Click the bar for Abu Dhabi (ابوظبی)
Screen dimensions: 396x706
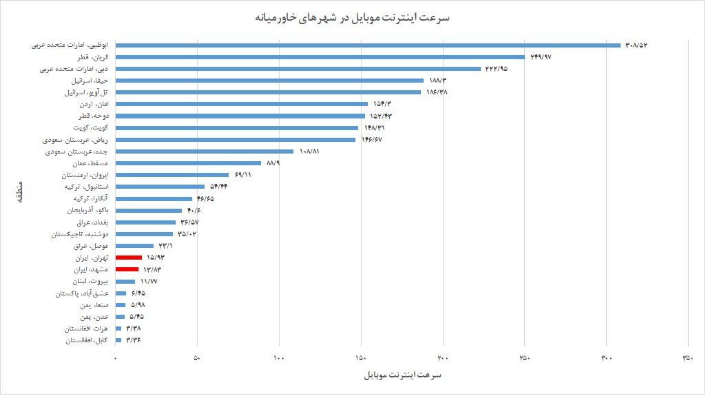pos(368,45)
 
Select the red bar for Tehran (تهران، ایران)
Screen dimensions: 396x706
pos(129,258)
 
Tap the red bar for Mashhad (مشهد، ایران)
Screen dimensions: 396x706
pos(127,269)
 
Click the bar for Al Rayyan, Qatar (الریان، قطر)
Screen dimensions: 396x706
pos(320,57)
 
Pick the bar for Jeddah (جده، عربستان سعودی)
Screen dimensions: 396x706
pos(205,152)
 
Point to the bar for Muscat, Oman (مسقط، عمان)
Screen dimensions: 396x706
pos(188,163)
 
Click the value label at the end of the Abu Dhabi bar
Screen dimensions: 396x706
pos(637,45)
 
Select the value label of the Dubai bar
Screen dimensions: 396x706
pos(496,69)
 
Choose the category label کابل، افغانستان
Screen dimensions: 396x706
pos(87,340)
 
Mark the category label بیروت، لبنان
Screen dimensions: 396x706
pos(90,282)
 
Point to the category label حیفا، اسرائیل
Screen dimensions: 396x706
pos(86,81)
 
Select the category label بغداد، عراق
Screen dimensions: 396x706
pos(91,222)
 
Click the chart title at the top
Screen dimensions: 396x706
pos(352,17)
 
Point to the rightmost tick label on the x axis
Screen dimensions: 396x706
pos(687,358)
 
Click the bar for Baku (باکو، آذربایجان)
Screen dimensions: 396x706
pos(149,211)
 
